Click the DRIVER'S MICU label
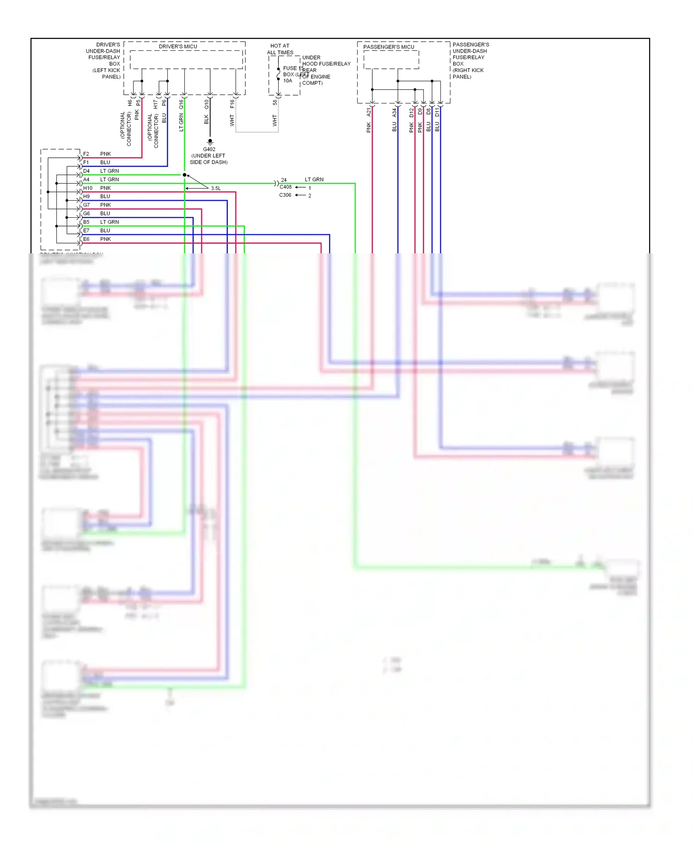click(178, 47)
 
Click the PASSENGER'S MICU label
click(389, 47)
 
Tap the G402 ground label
click(209, 149)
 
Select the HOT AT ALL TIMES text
click(280, 49)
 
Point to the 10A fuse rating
click(287, 81)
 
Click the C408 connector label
click(286, 187)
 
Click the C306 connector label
click(285, 195)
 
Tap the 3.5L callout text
click(216, 189)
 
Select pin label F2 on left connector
click(86, 154)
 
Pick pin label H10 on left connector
click(88, 188)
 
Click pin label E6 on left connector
click(86, 239)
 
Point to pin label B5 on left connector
click(86, 222)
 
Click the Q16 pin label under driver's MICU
click(181, 104)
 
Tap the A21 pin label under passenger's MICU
click(369, 112)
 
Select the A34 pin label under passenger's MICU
click(395, 112)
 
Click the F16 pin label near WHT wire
click(232, 104)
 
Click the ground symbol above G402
click(210, 141)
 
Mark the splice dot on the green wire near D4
click(184, 175)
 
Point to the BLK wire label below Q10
click(207, 119)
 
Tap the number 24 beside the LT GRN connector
click(284, 180)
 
